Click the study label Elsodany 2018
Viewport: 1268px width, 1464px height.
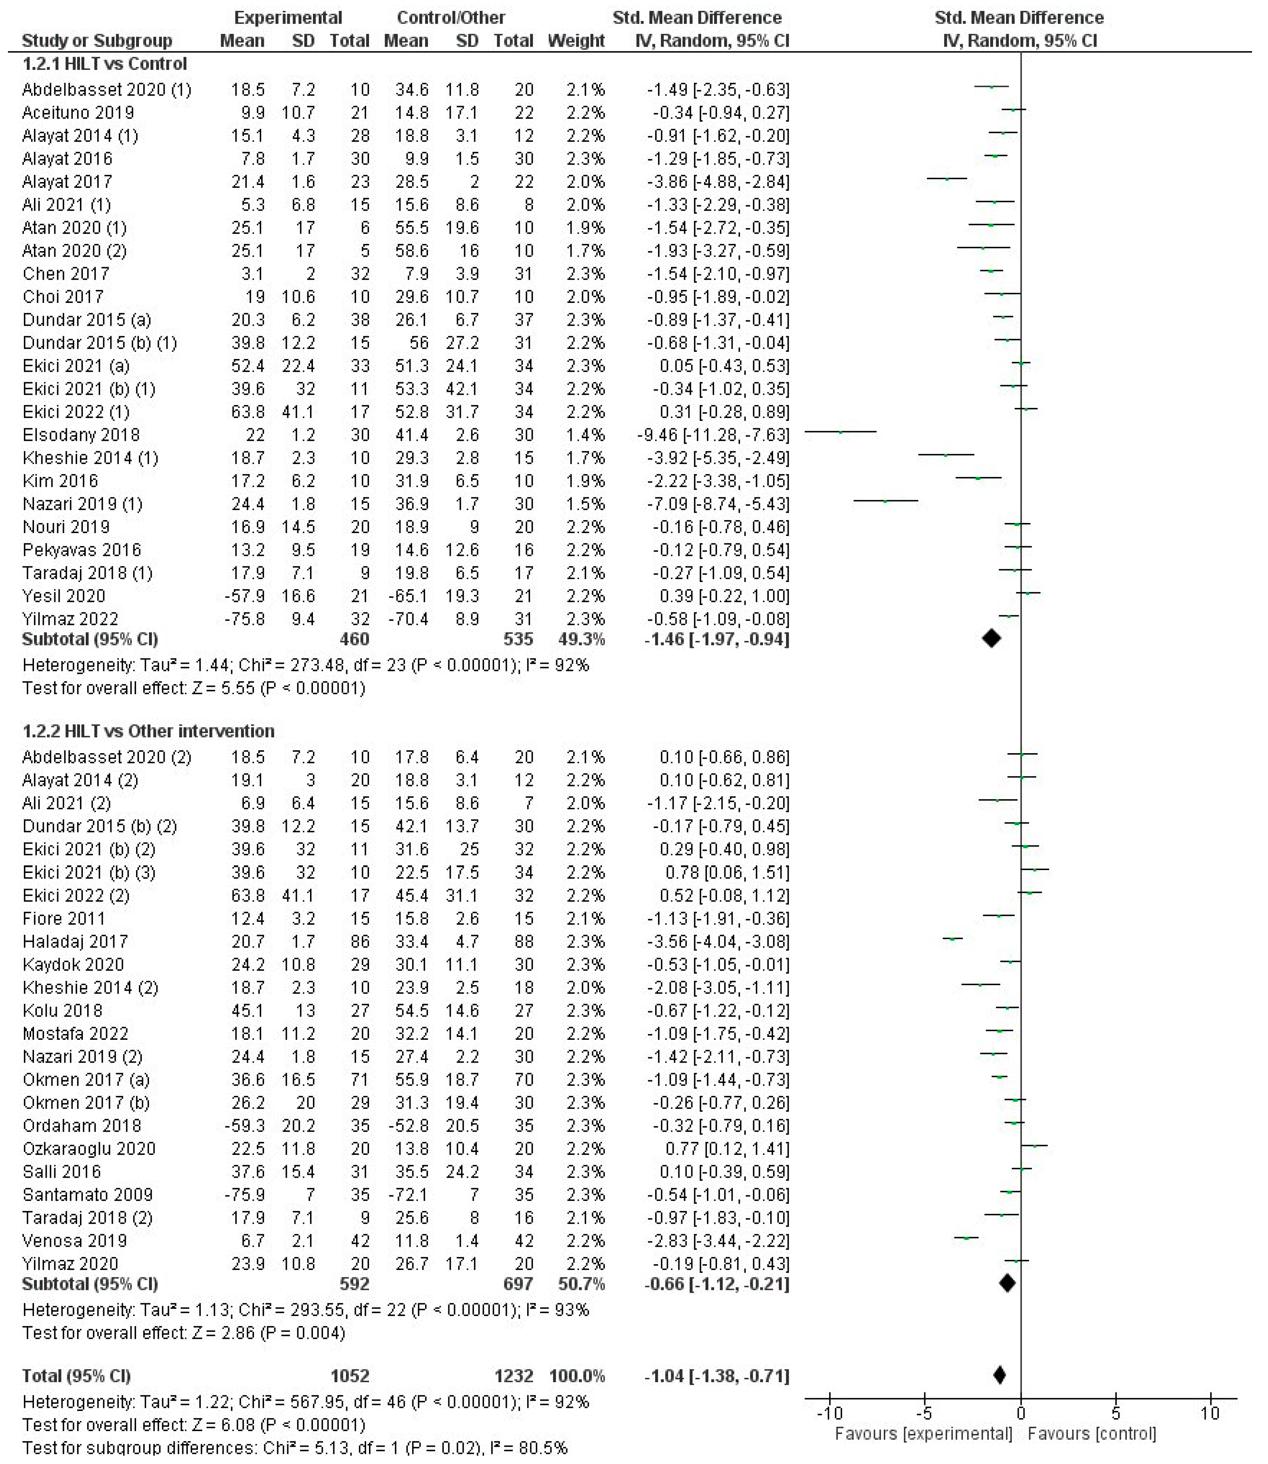click(81, 435)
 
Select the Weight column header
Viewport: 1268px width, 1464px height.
click(576, 40)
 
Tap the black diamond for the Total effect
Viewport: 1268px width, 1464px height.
click(999, 1376)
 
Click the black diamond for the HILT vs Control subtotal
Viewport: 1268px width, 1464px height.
click(991, 638)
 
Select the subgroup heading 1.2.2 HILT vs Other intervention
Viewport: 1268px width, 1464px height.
click(149, 731)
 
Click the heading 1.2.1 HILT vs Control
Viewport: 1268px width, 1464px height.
click(105, 64)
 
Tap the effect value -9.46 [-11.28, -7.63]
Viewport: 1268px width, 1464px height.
click(713, 435)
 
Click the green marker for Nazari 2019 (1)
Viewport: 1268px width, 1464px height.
click(885, 501)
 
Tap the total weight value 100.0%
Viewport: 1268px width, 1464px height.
click(577, 1376)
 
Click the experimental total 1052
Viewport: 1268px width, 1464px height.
click(350, 1376)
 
